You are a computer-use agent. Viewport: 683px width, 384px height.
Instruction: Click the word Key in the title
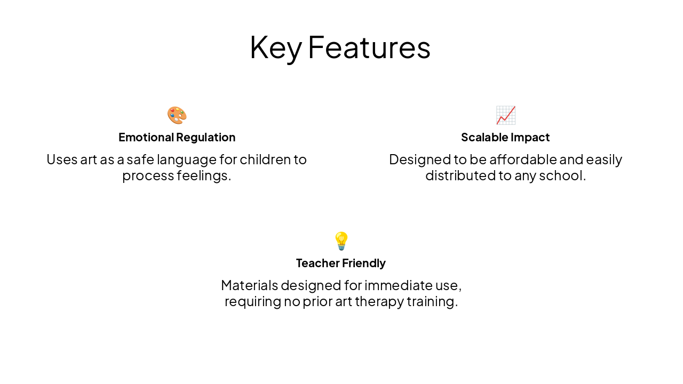click(275, 47)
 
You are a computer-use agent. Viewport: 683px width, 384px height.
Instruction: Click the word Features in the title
click(369, 47)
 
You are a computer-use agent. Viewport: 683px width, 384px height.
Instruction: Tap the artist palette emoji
click(177, 115)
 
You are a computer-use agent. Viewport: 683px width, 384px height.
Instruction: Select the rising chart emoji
click(505, 115)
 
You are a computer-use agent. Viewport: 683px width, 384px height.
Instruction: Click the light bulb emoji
click(341, 241)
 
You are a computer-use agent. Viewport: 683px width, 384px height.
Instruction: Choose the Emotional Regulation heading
click(177, 137)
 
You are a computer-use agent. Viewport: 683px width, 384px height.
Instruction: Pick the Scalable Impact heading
click(505, 137)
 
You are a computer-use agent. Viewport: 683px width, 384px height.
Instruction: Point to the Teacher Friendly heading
click(341, 263)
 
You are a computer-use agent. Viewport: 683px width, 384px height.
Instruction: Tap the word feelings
click(204, 175)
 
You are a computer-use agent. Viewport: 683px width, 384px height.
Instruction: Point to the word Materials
click(249, 285)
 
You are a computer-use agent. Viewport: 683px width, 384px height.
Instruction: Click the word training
click(432, 302)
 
